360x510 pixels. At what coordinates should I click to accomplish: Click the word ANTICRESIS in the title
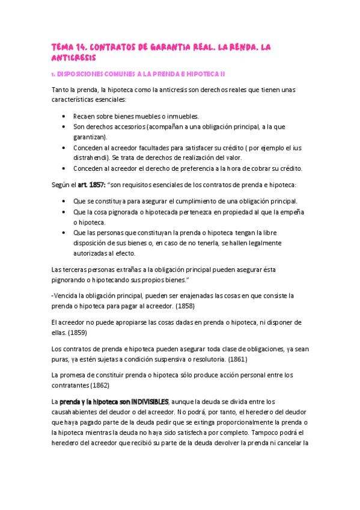(74, 58)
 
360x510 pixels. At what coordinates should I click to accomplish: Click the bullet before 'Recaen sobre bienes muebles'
(64, 116)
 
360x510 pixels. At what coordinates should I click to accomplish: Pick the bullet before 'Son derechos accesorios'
(64, 127)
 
